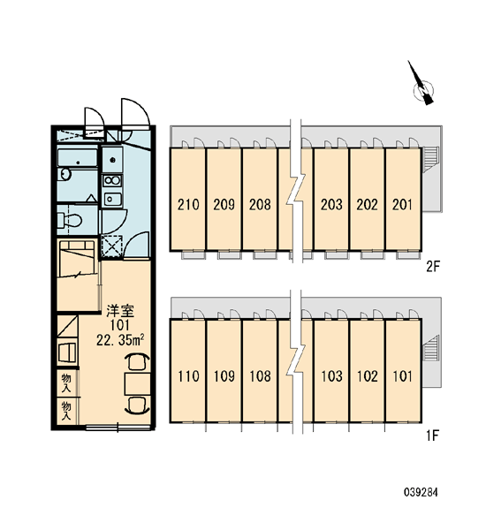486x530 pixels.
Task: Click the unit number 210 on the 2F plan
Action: pos(188,205)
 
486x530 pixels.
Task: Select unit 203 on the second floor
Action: pos(331,205)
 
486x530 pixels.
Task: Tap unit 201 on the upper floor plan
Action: pos(402,205)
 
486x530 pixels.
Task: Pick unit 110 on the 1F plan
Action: pos(188,376)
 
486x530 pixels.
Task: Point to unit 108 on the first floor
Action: pos(260,376)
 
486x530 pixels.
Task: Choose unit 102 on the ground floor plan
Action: pos(368,376)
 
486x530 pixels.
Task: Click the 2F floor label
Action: pos(433,267)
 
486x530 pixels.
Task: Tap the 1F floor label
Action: pos(433,436)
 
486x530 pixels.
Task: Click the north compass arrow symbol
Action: pos(421,85)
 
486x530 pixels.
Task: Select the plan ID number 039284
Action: pos(421,492)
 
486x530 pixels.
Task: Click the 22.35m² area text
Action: pos(121,340)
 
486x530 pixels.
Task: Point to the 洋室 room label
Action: pos(120,311)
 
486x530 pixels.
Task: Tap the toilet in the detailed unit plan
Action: pos(69,220)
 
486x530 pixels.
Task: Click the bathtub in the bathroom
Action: pos(78,158)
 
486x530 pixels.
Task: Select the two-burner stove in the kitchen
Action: pos(112,180)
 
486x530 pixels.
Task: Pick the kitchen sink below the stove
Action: pos(112,199)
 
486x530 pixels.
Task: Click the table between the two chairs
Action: pos(137,384)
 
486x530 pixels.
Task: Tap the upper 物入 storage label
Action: pos(66,383)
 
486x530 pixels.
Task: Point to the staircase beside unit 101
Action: pos(431,347)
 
